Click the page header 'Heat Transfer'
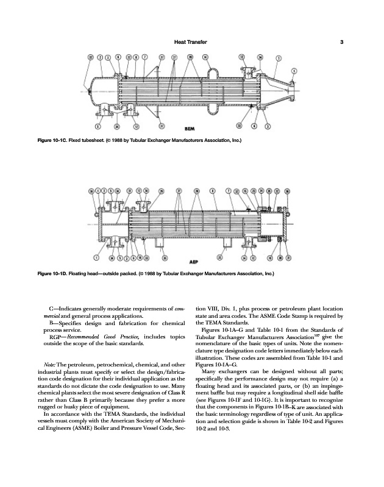[x=191, y=42]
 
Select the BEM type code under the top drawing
[x=190, y=128]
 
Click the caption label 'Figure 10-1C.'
[x=55, y=142]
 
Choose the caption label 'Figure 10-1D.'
[x=55, y=273]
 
